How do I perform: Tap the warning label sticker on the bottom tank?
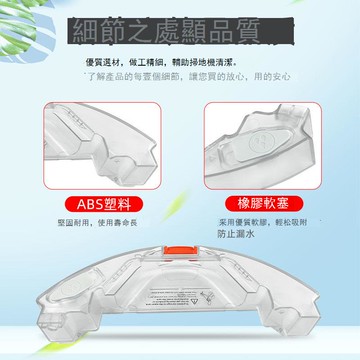pyautogui.click(x=179, y=301)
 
